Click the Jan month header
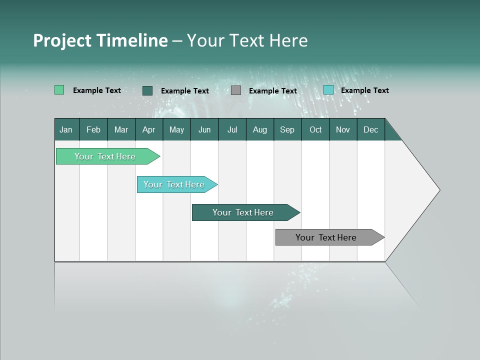(x=66, y=129)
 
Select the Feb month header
(x=93, y=129)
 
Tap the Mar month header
(x=121, y=129)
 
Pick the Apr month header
(x=149, y=129)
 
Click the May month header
(x=176, y=129)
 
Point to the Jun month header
(x=204, y=129)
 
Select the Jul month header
(x=232, y=129)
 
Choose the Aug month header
(x=260, y=129)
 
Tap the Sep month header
(x=287, y=129)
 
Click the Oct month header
(x=315, y=129)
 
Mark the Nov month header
(x=343, y=129)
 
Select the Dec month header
(x=371, y=129)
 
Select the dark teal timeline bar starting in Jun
(x=243, y=212)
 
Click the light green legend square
(x=59, y=90)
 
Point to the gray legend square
(x=236, y=90)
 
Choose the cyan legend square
(x=328, y=90)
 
